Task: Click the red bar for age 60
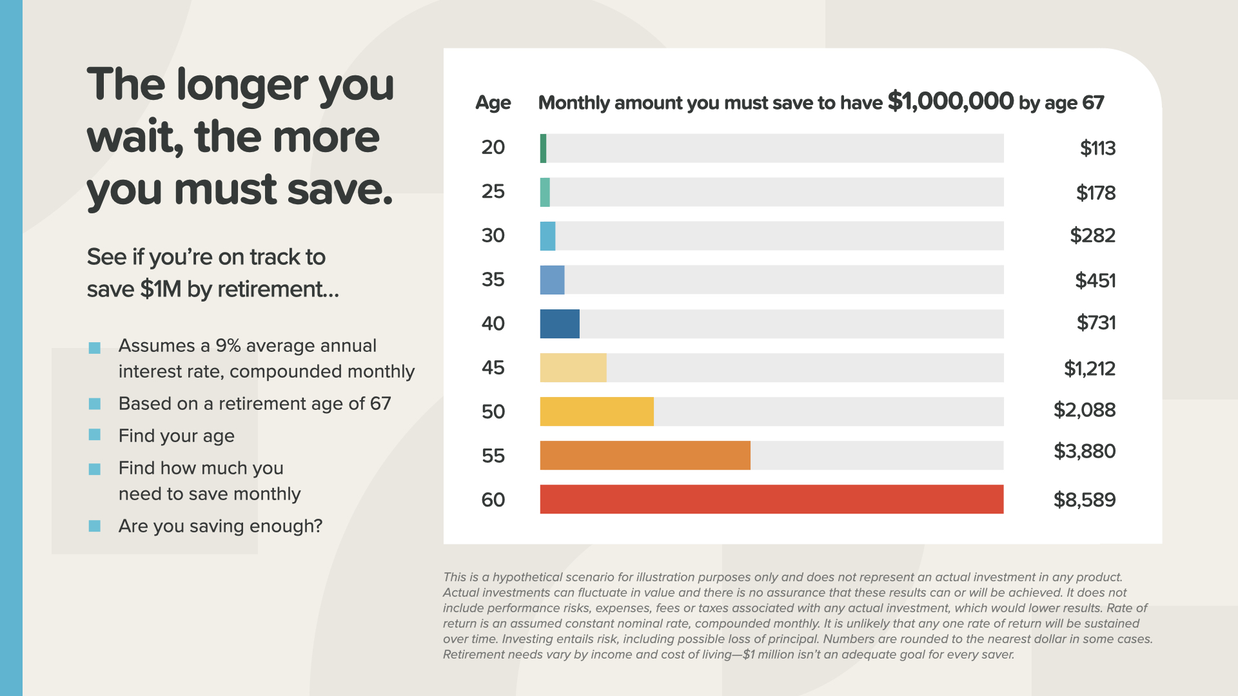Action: [771, 499]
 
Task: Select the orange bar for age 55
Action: [645, 456]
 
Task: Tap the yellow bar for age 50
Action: [596, 412]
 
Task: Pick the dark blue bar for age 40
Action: [560, 324]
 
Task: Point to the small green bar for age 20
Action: [544, 148]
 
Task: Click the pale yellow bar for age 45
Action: [573, 368]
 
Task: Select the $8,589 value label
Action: [1084, 500]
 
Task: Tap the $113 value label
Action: [1097, 148]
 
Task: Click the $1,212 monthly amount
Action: [1089, 369]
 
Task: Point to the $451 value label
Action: [1095, 280]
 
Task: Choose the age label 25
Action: [493, 191]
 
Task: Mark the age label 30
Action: [493, 235]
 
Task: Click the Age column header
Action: [493, 103]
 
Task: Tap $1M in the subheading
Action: [161, 289]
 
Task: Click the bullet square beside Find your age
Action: [95, 435]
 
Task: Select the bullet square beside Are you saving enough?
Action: [95, 526]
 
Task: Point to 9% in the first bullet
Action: [228, 346]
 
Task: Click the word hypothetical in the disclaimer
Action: [529, 577]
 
